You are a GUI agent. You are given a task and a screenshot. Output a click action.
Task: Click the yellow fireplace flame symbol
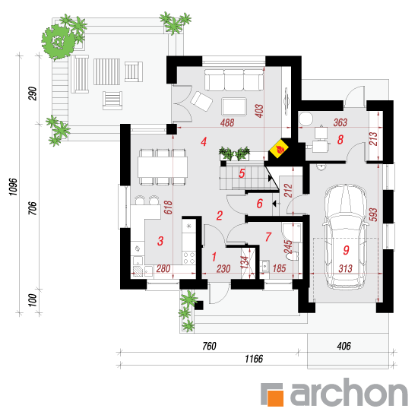click(x=279, y=148)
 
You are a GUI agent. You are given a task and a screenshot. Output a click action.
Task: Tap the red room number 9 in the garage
click(x=346, y=250)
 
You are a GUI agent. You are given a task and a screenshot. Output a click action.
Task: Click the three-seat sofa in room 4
click(x=234, y=80)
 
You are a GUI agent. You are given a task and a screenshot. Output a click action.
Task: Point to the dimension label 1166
click(x=254, y=359)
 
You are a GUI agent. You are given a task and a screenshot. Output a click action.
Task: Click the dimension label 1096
click(x=13, y=187)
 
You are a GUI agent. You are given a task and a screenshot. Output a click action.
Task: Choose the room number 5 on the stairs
click(x=242, y=173)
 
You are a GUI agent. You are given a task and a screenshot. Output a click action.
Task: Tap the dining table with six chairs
click(x=163, y=167)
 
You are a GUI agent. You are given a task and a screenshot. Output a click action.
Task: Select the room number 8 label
click(x=340, y=139)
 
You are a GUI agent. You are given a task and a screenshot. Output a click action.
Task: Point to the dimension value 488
click(x=227, y=123)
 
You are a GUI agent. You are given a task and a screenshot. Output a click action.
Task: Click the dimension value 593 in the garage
click(x=373, y=214)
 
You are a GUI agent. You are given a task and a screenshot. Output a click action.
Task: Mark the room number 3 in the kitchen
click(x=160, y=241)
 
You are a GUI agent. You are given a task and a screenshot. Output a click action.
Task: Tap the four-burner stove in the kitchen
click(x=188, y=258)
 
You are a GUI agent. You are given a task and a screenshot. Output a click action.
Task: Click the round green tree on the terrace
click(x=58, y=42)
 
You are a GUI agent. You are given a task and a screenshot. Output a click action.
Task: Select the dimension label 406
click(x=344, y=347)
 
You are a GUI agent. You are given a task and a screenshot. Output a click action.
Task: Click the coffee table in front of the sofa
click(x=234, y=106)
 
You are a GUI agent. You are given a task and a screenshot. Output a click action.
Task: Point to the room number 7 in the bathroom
click(x=268, y=236)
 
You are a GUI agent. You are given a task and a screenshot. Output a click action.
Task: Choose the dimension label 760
click(x=209, y=347)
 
